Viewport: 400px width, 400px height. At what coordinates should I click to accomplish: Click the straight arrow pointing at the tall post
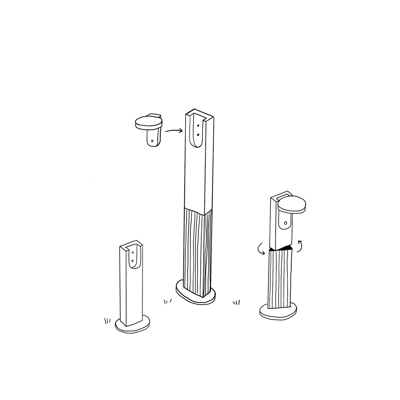174,131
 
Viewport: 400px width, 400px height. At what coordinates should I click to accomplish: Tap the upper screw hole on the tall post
198,126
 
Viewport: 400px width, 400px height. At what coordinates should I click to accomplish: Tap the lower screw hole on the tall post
198,135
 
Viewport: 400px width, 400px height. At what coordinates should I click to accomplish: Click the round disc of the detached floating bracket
148,122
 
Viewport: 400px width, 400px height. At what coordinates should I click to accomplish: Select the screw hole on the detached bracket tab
152,141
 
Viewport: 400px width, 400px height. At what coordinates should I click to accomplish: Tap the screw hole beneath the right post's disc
286,223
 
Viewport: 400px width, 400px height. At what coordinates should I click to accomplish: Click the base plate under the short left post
132,325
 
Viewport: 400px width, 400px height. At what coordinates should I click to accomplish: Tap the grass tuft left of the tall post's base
167,302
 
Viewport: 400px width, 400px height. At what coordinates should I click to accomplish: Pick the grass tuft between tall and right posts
236,303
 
